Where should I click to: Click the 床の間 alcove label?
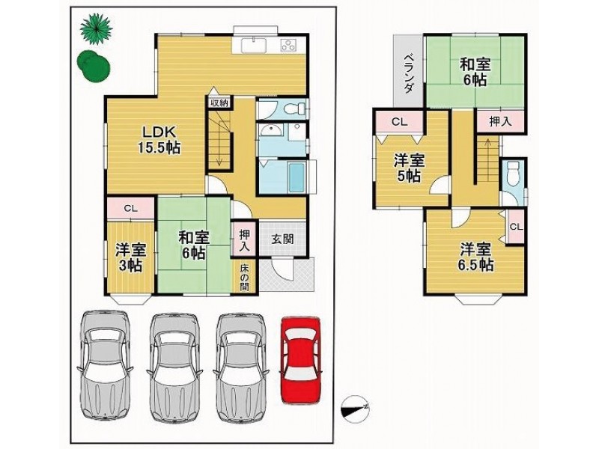[x=245, y=277]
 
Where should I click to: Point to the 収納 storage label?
[x=218, y=103]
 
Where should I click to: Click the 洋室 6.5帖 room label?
[x=475, y=256]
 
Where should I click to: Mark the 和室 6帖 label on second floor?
[x=473, y=70]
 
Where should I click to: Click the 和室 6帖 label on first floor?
[x=192, y=245]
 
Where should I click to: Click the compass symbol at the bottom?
[x=354, y=406]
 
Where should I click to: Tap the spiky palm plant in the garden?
[x=95, y=30]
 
